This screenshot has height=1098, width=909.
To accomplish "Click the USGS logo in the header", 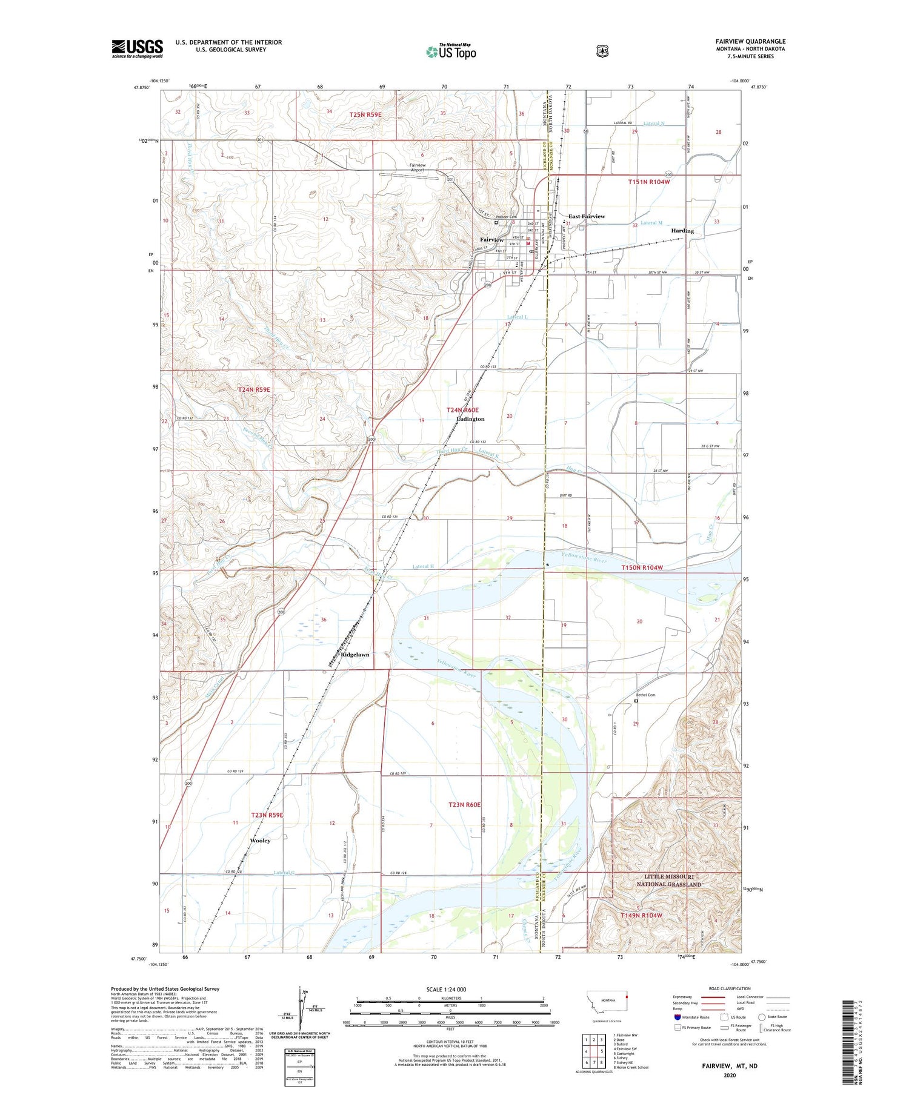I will [x=137, y=48].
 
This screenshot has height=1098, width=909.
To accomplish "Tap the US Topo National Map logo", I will [x=451, y=51].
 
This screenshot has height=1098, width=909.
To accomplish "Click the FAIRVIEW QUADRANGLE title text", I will [x=750, y=41].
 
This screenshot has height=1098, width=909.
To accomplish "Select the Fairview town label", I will [x=491, y=240].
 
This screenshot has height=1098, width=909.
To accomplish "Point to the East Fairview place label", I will [x=586, y=216].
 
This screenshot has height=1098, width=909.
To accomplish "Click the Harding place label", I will [x=682, y=231].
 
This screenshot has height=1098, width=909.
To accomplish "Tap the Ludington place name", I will [x=470, y=418].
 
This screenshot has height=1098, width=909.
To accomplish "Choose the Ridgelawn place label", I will [x=355, y=655].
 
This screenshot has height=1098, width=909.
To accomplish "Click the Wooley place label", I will [x=260, y=841].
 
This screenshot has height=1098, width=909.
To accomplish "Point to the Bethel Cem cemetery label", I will [x=645, y=695].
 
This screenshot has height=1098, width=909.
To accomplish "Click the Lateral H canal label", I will [x=423, y=566].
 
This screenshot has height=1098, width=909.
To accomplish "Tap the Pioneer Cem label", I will [x=506, y=217].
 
